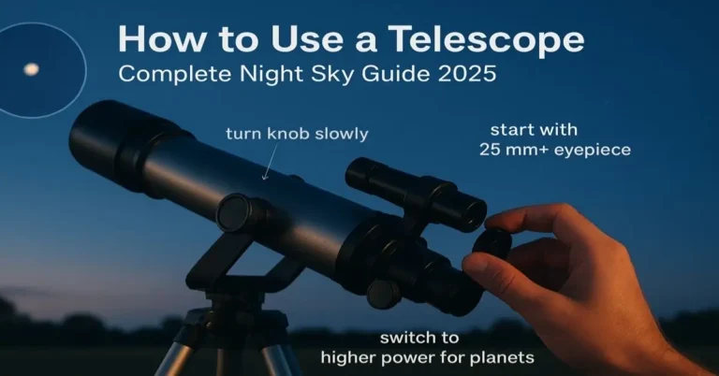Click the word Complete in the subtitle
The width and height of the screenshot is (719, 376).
click(x=168, y=73)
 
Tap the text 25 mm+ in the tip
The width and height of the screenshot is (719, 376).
click(x=510, y=149)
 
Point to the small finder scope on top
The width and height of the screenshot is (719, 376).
click(x=412, y=188)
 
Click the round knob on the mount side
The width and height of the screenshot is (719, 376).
click(x=233, y=212)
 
